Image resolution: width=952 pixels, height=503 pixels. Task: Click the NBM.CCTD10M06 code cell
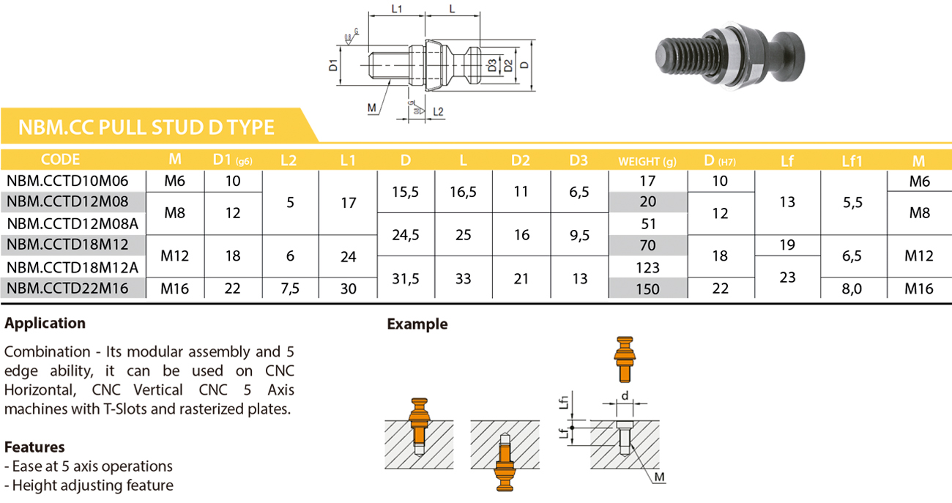[67, 182]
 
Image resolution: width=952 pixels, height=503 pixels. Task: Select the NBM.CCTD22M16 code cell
[67, 288]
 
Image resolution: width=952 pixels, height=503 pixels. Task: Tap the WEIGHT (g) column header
[647, 161]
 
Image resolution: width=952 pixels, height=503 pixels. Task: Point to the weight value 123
[647, 268]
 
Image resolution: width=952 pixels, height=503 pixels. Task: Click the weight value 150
[647, 289]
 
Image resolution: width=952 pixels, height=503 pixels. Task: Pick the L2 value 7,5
[290, 289]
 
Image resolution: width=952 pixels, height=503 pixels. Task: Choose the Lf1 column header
[852, 161]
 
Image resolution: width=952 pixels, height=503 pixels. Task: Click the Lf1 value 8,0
[852, 289]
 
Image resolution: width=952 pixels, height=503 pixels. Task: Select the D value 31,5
[406, 279]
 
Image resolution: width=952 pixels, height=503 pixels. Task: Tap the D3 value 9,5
[579, 235]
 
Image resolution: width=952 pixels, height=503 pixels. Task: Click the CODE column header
[60, 160]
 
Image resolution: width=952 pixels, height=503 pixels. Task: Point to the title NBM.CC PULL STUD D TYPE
[146, 127]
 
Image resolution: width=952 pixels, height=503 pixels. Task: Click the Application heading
[45, 324]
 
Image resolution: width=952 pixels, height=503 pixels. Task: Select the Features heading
[34, 447]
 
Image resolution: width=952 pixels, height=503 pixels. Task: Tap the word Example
[417, 324]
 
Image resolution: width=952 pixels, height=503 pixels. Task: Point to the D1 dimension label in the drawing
[333, 65]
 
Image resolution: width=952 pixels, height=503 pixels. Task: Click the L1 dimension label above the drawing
[396, 9]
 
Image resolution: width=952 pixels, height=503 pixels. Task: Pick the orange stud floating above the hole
[625, 359]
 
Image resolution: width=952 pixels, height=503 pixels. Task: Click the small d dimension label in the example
[625, 396]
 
